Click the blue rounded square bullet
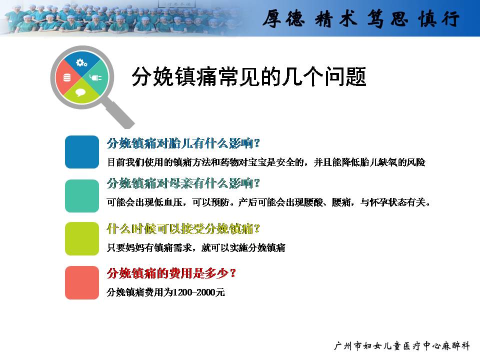[81, 152]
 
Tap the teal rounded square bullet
[81, 196]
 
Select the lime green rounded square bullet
[81, 239]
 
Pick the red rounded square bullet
[81, 282]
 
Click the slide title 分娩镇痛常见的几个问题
[249, 76]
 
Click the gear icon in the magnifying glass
[81, 63]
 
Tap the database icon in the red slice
[66, 78]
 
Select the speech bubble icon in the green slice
[80, 92]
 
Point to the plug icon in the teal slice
[95, 77]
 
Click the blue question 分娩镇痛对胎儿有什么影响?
[183, 143]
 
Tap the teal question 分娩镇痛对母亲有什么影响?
[183, 183]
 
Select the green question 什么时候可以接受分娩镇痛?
[183, 228]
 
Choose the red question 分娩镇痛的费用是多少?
[171, 273]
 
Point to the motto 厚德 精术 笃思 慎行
[361, 18]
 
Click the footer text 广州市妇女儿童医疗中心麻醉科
[402, 346]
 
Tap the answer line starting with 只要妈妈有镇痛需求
[196, 247]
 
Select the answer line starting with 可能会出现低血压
[268, 202]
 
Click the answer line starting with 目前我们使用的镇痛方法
[266, 162]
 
